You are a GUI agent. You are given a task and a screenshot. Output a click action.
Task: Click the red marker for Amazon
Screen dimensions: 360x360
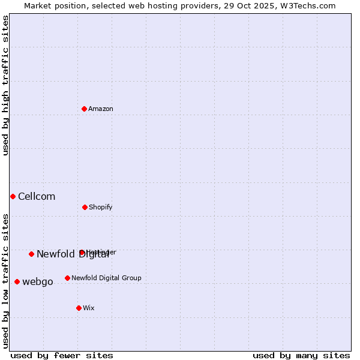(x=85, y=109)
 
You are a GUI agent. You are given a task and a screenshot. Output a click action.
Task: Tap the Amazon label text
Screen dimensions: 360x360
(x=101, y=109)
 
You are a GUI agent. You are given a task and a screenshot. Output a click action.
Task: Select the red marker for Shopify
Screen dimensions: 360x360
(x=85, y=207)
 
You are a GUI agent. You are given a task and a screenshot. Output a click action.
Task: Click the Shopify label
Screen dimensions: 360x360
(x=101, y=208)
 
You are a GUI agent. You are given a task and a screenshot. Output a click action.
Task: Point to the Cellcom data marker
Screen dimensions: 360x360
(x=13, y=196)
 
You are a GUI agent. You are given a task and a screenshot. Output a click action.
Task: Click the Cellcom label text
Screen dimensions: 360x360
(x=37, y=197)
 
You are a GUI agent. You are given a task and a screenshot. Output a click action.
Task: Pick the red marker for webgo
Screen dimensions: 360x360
(x=17, y=281)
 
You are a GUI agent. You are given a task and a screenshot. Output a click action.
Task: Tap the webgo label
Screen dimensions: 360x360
(x=38, y=282)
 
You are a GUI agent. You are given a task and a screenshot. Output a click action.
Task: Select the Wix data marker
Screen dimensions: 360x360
(x=79, y=308)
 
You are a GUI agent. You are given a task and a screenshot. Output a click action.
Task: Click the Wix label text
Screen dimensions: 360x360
(x=89, y=308)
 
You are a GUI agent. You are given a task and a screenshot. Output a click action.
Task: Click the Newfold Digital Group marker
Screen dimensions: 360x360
(x=67, y=278)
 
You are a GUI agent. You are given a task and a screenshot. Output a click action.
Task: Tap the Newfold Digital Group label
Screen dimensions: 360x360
(x=106, y=278)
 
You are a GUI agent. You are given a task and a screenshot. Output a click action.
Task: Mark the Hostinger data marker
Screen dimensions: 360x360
(x=82, y=253)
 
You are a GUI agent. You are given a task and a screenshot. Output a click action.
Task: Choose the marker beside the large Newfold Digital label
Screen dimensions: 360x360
(x=31, y=254)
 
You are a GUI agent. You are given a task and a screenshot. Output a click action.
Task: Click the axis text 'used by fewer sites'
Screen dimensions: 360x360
(x=62, y=356)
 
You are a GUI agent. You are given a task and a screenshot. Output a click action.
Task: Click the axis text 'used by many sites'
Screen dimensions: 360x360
(x=301, y=356)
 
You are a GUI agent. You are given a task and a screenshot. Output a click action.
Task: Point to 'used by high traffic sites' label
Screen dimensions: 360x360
(x=6, y=85)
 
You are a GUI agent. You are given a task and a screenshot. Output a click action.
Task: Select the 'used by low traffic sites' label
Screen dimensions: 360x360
(x=6, y=281)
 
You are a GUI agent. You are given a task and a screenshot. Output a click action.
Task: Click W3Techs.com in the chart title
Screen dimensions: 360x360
(x=308, y=6)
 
